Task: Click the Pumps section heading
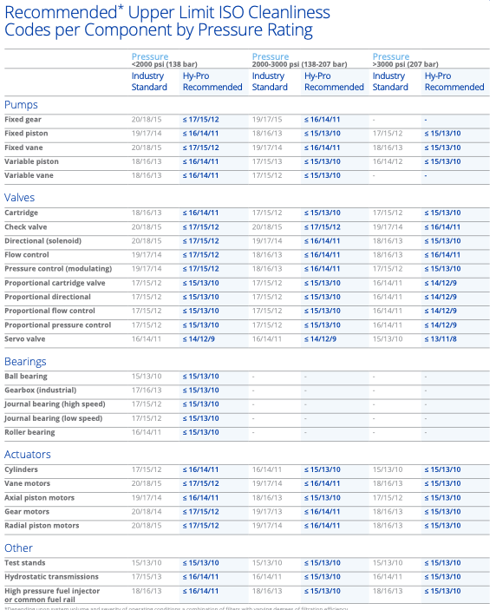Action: pyautogui.click(x=22, y=104)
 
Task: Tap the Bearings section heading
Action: pyautogui.click(x=27, y=361)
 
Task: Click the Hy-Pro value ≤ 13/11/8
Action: pyautogui.click(x=442, y=338)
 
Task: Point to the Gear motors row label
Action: pyautogui.click(x=27, y=511)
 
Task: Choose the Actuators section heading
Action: pyautogui.click(x=28, y=454)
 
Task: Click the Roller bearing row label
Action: pyautogui.click(x=29, y=432)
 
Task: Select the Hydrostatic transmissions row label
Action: pyautogui.click(x=49, y=576)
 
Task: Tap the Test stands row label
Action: pyautogui.click(x=25, y=562)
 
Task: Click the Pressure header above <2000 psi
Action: pyautogui.click(x=150, y=56)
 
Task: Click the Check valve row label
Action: pyautogui.click(x=26, y=226)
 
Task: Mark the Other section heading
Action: pyautogui.click(x=19, y=548)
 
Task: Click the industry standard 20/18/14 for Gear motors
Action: pyautogui.click(x=147, y=511)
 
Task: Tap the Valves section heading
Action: pyautogui.click(x=20, y=198)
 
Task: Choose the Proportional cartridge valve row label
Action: pyautogui.click(x=55, y=283)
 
